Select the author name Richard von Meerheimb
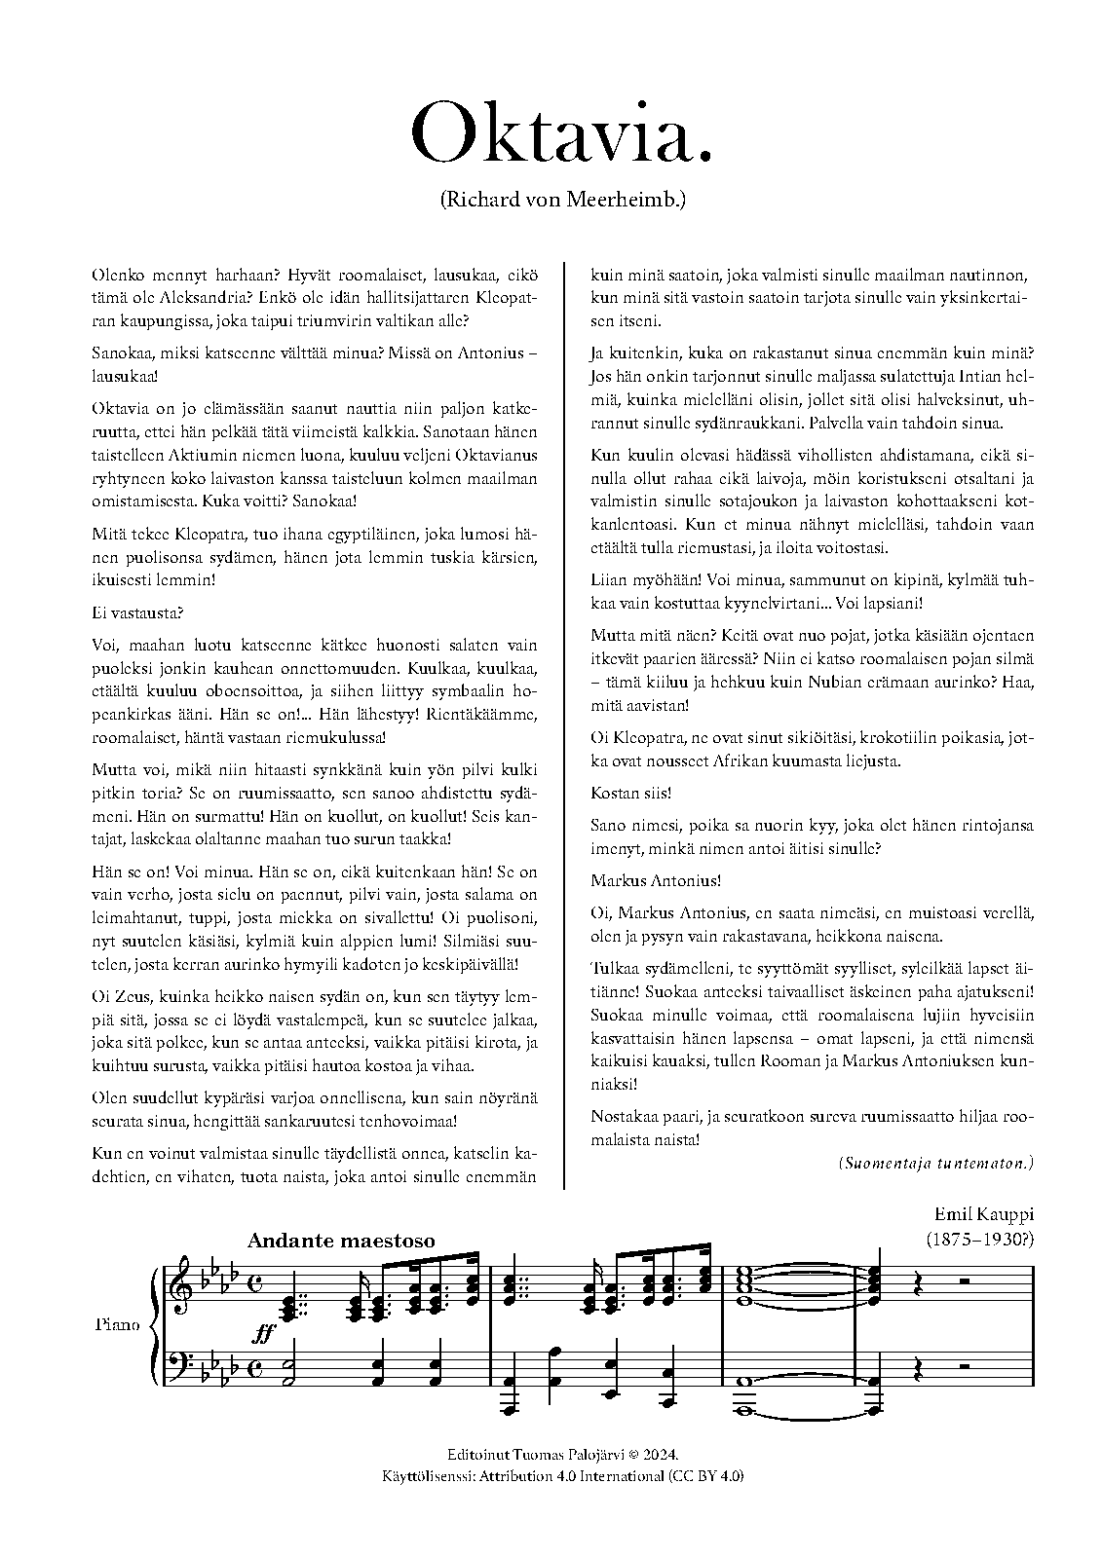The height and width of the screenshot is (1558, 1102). [563, 201]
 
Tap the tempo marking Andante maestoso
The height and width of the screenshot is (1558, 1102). [341, 1241]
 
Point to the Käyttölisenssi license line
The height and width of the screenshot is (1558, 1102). [563, 1476]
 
